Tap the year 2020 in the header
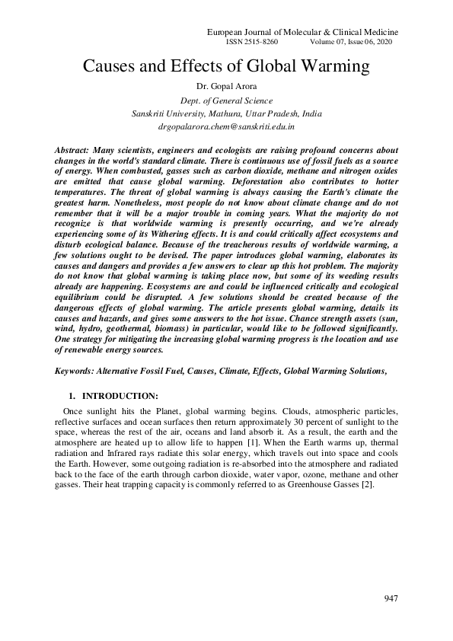(381, 43)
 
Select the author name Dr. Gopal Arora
(227, 86)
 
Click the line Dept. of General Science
(227, 100)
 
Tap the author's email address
(227, 126)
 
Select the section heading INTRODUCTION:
(120, 396)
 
